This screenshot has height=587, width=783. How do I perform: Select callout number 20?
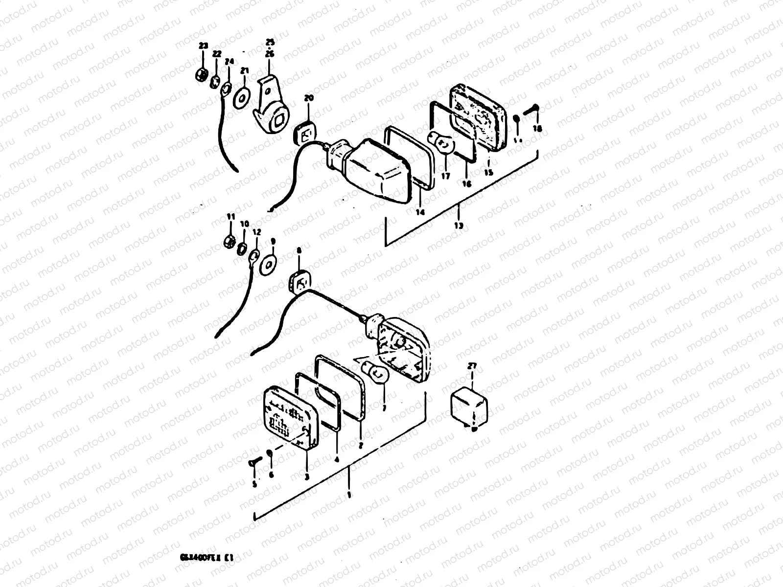[308, 98]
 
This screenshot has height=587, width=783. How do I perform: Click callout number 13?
[459, 226]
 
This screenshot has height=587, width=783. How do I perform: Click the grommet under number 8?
[299, 283]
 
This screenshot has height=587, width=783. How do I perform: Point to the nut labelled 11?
[229, 240]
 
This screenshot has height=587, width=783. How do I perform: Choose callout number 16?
[466, 184]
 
